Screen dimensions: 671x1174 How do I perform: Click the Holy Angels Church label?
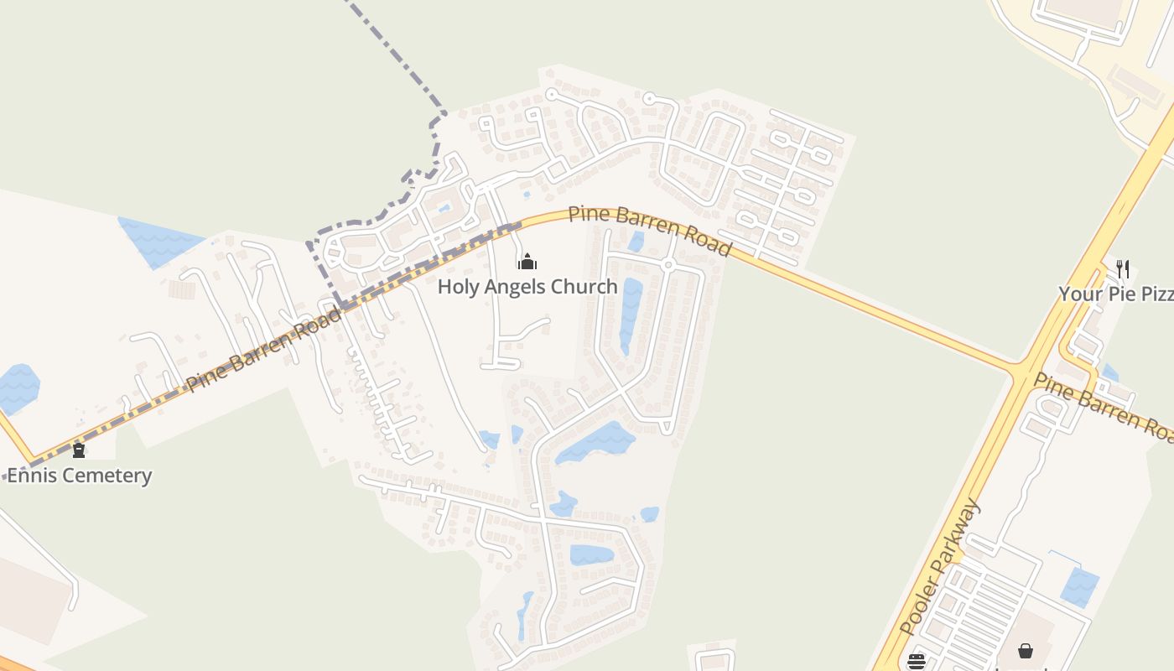(527, 287)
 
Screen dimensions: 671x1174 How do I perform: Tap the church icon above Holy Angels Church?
(527, 262)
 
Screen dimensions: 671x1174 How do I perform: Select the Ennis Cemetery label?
(80, 476)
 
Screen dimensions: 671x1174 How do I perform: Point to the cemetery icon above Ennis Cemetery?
(79, 450)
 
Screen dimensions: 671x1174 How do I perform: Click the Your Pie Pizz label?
(1115, 294)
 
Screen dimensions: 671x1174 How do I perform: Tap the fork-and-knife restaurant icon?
(1123, 269)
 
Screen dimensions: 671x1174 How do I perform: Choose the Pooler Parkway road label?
(939, 566)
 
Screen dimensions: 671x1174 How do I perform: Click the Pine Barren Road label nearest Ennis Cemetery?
(264, 349)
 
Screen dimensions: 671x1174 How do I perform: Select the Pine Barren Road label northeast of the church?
(650, 229)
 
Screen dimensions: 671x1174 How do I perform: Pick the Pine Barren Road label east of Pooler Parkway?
(1104, 405)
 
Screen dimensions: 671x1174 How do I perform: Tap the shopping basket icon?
(1025, 651)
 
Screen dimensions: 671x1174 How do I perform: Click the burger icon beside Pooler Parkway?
(916, 661)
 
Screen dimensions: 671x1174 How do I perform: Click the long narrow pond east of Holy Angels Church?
(631, 315)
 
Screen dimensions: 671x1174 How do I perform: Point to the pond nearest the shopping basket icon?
(1080, 586)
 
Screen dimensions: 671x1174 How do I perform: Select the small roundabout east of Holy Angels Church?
(668, 265)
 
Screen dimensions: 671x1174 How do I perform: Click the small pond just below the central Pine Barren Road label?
(636, 242)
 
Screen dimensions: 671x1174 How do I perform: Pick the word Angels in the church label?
(520, 287)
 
